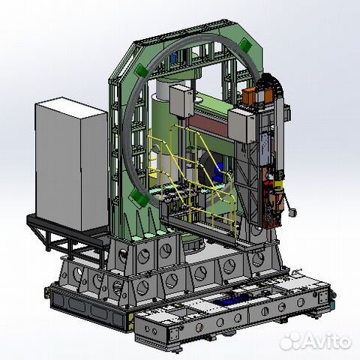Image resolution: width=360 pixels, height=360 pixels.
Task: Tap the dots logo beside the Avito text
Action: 289,341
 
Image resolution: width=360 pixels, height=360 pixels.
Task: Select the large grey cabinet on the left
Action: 72,163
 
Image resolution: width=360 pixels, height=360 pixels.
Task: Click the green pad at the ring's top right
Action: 245,45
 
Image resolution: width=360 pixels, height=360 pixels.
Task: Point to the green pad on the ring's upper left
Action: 141,70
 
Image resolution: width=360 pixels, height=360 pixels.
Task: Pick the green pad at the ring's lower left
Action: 140,197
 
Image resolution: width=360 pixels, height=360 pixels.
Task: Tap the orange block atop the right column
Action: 248,96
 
